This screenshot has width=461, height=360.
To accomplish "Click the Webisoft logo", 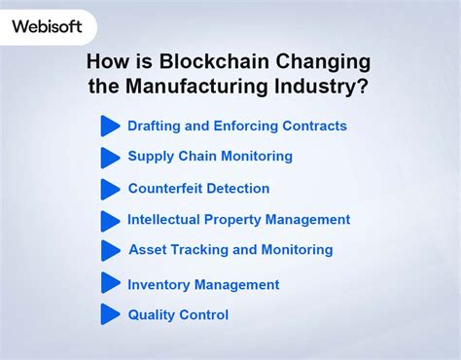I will (x=46, y=26).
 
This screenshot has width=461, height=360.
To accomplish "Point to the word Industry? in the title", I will (x=326, y=87).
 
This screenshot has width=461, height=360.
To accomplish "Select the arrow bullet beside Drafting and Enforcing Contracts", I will (x=110, y=126).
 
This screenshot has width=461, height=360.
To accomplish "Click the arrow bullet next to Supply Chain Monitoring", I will (x=110, y=157).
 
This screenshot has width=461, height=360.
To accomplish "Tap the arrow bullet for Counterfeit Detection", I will (x=110, y=189).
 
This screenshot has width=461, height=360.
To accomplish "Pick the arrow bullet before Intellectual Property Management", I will (x=110, y=220).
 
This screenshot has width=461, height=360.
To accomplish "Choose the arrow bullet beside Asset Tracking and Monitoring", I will (x=110, y=250).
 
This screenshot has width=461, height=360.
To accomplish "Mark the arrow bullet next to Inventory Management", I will (x=110, y=284).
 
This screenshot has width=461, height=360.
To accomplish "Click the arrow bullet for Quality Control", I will (x=110, y=314).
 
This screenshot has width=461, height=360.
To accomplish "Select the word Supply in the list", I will (x=151, y=157).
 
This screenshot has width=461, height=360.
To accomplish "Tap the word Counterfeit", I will (x=166, y=189).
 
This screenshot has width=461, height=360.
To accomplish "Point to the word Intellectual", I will (x=166, y=220).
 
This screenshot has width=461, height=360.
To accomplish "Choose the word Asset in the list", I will (x=148, y=250).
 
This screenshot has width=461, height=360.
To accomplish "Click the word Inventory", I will (x=159, y=284).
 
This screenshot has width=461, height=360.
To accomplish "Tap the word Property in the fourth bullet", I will (x=238, y=220).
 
